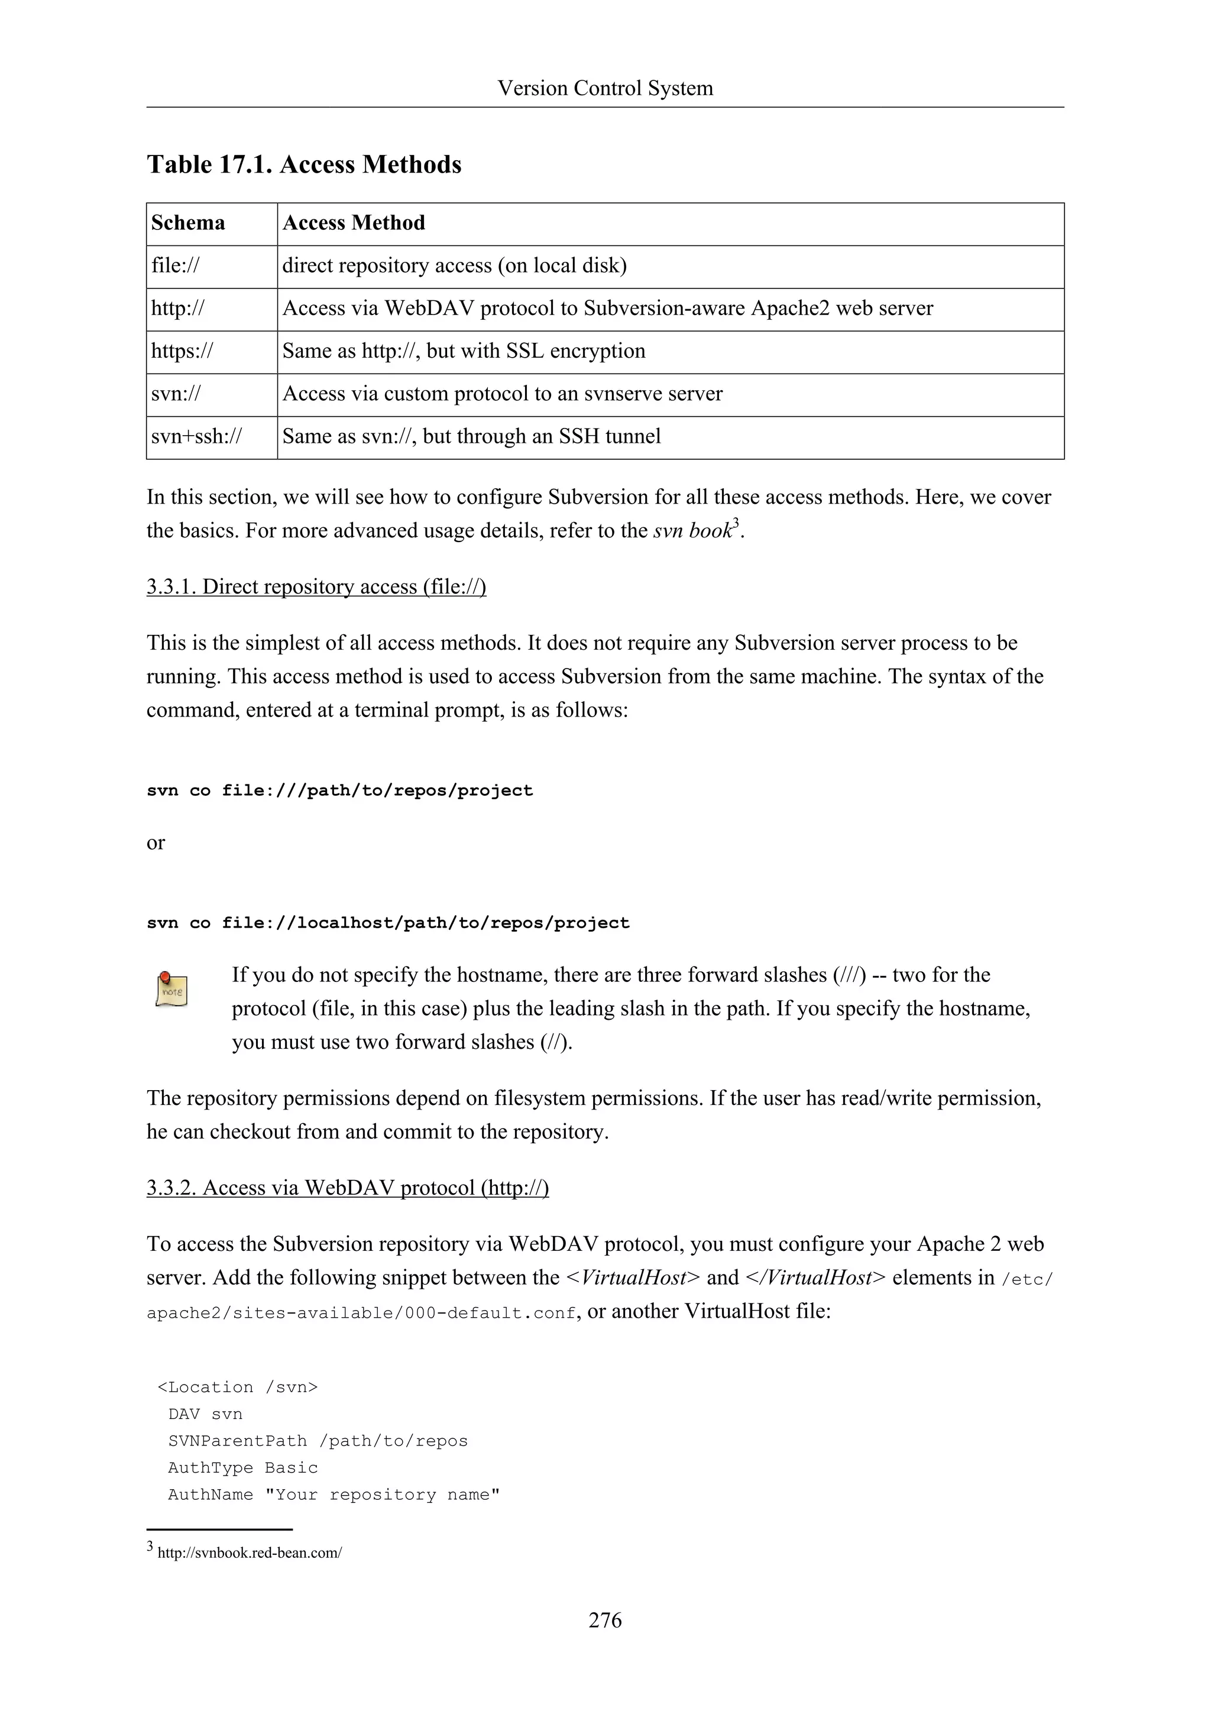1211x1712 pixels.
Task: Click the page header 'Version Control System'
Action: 605,88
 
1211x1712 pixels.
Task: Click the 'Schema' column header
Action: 188,223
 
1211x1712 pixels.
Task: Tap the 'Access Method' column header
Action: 354,223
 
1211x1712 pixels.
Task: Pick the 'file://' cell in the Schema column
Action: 175,266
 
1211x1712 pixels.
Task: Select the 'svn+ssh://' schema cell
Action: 196,437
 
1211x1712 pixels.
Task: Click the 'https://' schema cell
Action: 182,351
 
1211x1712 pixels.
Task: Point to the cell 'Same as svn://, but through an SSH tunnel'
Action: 471,437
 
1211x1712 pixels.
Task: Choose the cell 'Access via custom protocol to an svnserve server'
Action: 502,394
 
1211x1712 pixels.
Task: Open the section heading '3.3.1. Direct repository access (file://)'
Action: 316,587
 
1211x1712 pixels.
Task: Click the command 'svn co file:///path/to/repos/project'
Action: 340,790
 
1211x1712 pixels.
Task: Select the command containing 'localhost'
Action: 388,923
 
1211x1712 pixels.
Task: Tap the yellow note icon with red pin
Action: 171,990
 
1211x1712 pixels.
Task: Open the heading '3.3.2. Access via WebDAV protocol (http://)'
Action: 348,1188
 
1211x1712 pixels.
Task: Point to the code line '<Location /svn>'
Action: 237,1387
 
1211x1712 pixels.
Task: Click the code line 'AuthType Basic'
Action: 242,1468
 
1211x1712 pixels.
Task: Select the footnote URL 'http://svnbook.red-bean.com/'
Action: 250,1553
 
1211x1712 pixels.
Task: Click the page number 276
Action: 605,1620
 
